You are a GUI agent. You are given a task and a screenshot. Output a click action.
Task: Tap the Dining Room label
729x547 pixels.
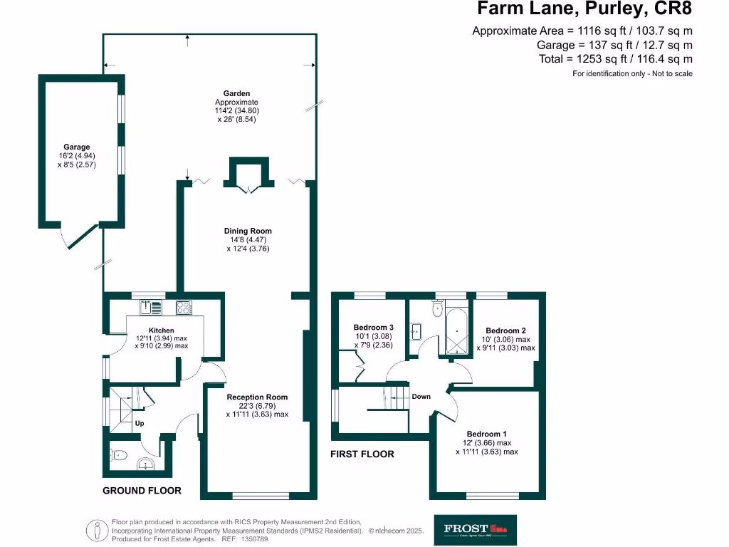coord(248,231)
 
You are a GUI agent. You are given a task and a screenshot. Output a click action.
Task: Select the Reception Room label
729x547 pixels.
coord(257,397)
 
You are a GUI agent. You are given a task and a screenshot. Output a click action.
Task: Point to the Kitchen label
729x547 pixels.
coord(162,330)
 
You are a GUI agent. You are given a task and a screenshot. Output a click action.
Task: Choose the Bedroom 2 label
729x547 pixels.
coord(505,330)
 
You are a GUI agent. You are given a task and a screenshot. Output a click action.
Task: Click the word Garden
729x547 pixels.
coord(236,93)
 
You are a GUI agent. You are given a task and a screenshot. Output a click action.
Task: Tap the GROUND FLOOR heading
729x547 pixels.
coord(142,490)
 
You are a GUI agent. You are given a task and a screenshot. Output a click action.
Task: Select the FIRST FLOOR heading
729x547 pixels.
coord(362,454)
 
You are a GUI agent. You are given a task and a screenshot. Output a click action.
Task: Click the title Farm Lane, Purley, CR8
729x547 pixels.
coord(584,9)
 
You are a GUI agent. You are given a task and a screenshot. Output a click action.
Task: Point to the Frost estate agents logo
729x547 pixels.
coord(476,529)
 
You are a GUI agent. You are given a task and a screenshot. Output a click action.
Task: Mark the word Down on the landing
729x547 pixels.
coord(421,397)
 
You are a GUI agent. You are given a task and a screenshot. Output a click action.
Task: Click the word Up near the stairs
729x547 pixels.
coord(140,422)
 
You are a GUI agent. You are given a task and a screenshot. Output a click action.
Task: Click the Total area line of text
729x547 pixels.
coord(615,59)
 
